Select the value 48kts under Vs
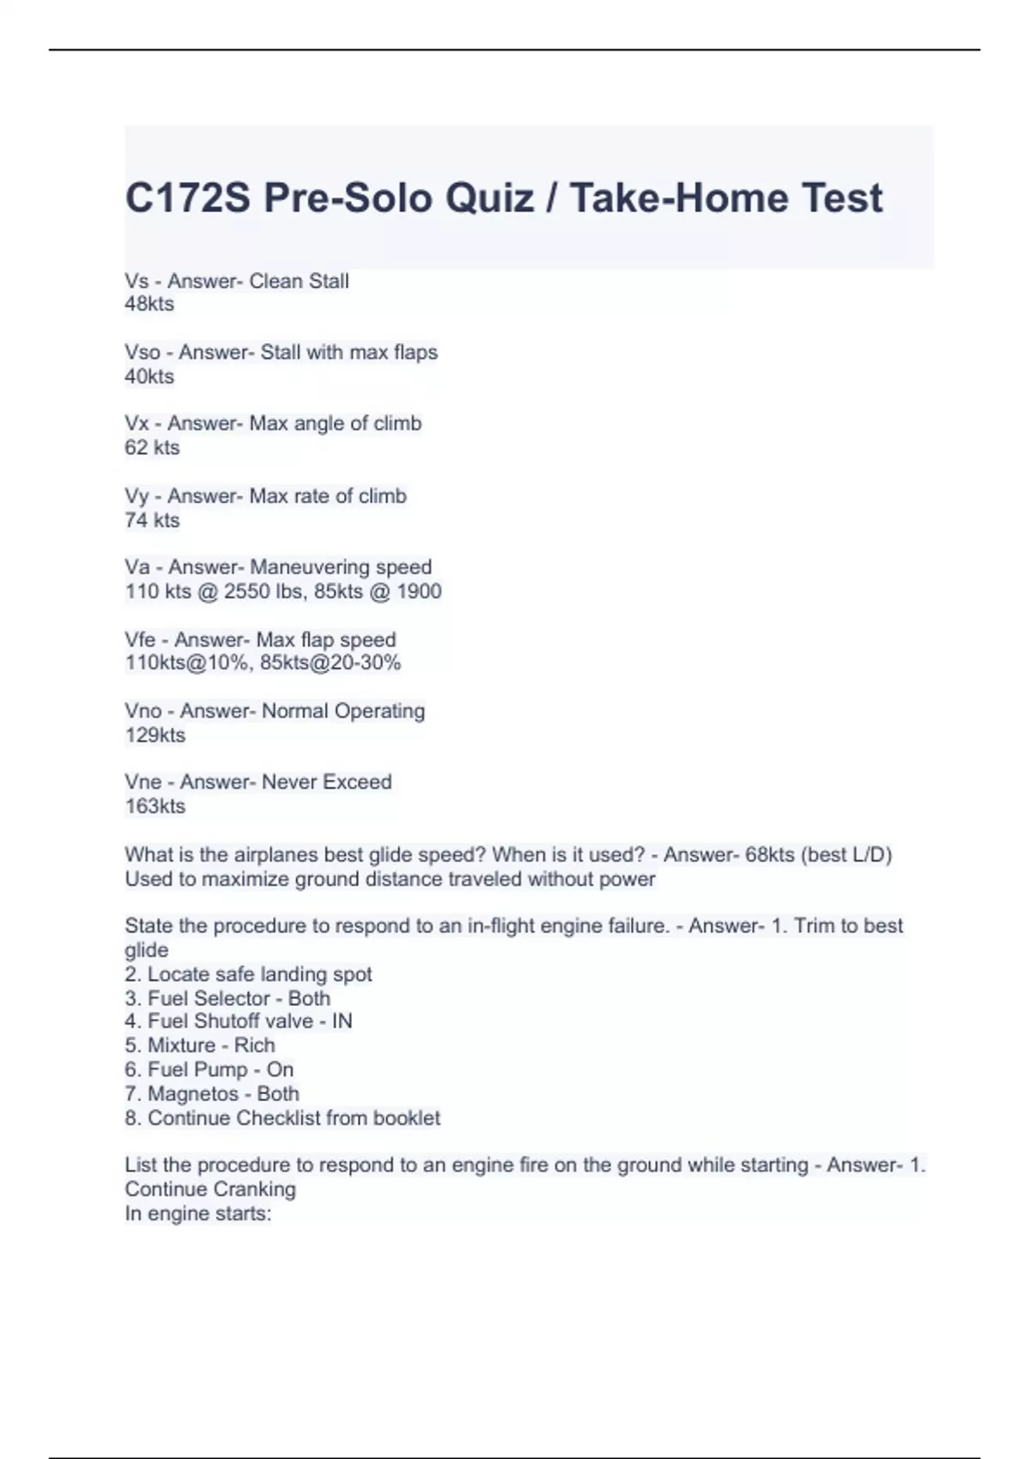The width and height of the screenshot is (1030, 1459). pyautogui.click(x=149, y=304)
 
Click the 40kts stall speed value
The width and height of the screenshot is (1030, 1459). pyautogui.click(x=149, y=376)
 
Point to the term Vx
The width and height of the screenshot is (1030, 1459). pyautogui.click(x=136, y=423)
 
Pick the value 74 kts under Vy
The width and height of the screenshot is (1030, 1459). pyautogui.click(x=152, y=520)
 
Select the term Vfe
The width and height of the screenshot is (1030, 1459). pyautogui.click(x=140, y=639)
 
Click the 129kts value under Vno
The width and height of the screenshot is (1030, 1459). pyautogui.click(x=154, y=735)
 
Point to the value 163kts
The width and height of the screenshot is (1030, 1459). pyautogui.click(x=154, y=806)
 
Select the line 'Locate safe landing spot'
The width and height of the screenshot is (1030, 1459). pyautogui.click(x=259, y=974)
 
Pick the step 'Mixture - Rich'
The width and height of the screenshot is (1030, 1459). pyautogui.click(x=211, y=1045)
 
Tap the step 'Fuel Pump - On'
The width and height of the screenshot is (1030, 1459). pyautogui.click(x=221, y=1069)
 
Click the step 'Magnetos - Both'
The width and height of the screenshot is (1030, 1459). pyautogui.click(x=223, y=1093)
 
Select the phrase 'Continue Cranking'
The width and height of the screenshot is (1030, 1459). pyautogui.click(x=210, y=1189)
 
